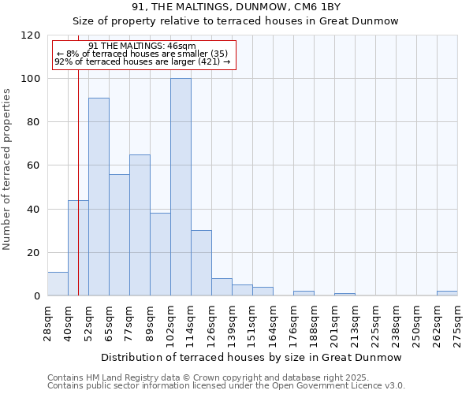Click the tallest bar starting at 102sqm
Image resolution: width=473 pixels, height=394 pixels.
[181, 188]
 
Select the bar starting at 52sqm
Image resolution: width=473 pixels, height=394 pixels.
[99, 197]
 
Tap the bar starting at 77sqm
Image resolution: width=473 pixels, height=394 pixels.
[140, 225]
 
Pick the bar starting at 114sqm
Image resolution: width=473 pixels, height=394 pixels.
[201, 263]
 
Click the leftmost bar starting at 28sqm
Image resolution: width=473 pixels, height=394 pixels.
[58, 284]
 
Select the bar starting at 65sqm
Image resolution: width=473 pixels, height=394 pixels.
[119, 235]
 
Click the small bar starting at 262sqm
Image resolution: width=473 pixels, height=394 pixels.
[447, 293]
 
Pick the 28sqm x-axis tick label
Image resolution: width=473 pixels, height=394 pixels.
[47, 323]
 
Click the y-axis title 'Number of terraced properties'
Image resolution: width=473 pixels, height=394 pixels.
[7, 169]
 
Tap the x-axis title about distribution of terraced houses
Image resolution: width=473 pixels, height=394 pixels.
[251, 358]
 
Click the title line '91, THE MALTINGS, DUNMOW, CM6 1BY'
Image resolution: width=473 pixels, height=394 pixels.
[236, 7]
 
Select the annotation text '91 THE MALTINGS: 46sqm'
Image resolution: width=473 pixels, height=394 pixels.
[143, 46]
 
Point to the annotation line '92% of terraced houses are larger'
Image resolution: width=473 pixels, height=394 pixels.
[143, 61]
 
